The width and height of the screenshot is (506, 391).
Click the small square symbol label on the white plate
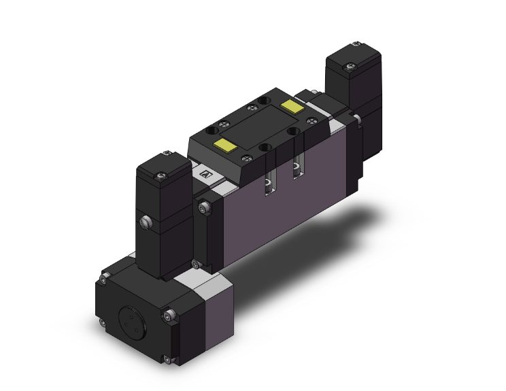coord(207,174)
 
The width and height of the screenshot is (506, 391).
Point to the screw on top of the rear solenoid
coord(350,66)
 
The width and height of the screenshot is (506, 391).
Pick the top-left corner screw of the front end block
coord(104,277)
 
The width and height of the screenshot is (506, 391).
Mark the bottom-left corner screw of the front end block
coord(101,324)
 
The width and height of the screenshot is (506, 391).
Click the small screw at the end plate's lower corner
coord(196,264)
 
